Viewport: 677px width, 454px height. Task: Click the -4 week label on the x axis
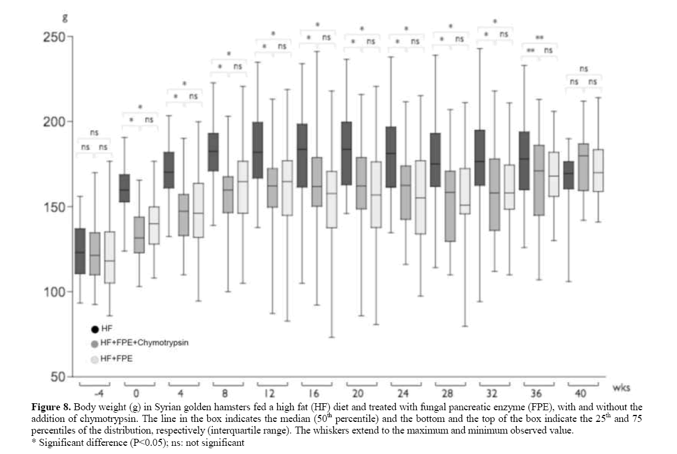(94, 392)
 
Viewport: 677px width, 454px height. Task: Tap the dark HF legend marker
(94, 330)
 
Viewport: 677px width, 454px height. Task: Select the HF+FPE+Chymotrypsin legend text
(144, 344)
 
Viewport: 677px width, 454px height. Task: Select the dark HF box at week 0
(124, 188)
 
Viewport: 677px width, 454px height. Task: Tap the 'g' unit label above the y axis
(65, 19)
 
